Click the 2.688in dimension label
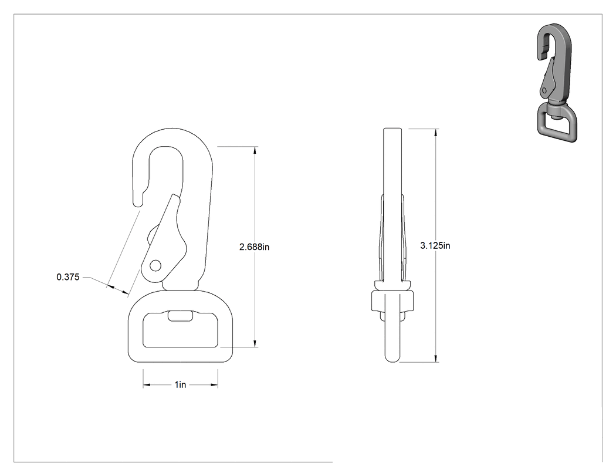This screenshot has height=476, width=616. [x=254, y=247]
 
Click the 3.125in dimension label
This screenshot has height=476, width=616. [x=435, y=246]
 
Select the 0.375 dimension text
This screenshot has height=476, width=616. [x=68, y=277]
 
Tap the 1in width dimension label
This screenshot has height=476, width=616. [x=180, y=384]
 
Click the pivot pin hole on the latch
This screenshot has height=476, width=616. [x=155, y=266]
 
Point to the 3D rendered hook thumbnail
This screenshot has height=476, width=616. [x=555, y=83]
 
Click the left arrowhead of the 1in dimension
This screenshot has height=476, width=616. [x=147, y=385]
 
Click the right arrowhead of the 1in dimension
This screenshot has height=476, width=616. [x=214, y=385]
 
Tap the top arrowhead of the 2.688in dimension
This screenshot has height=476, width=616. [x=255, y=150]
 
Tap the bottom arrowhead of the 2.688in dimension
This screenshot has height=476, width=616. [x=255, y=343]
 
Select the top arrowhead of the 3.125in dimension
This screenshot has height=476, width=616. [x=436, y=133]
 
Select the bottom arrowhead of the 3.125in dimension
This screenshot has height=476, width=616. [x=436, y=358]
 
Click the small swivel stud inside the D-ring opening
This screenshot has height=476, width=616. [x=180, y=316]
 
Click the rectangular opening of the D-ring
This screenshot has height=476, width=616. [x=180, y=330]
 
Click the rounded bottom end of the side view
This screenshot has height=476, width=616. [x=392, y=357]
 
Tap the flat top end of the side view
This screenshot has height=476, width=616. [x=392, y=129]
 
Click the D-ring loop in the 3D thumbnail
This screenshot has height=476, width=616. [x=557, y=123]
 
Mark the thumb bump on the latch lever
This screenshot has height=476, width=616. [x=151, y=236]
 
